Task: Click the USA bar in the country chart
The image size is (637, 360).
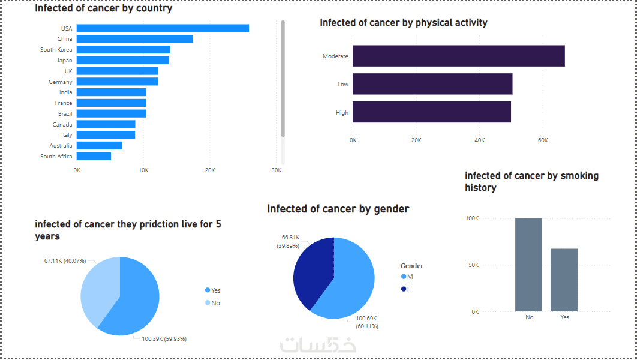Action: tap(163, 28)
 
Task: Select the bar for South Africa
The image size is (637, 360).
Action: tap(94, 156)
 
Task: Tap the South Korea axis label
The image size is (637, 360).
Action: tap(56, 50)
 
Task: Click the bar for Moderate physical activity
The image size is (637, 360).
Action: tap(458, 56)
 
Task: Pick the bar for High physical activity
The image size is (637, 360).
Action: tap(431, 112)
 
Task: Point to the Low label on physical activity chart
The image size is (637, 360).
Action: tap(343, 85)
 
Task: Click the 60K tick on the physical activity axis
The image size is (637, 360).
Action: tap(543, 140)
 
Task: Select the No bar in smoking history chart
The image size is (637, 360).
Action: tap(528, 265)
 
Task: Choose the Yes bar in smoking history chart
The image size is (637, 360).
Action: tap(564, 280)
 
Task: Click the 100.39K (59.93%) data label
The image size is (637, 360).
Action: tap(164, 339)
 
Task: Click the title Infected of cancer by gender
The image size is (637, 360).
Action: tap(338, 209)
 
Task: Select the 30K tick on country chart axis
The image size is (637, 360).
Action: tap(276, 170)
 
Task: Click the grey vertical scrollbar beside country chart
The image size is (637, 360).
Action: tap(283, 78)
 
